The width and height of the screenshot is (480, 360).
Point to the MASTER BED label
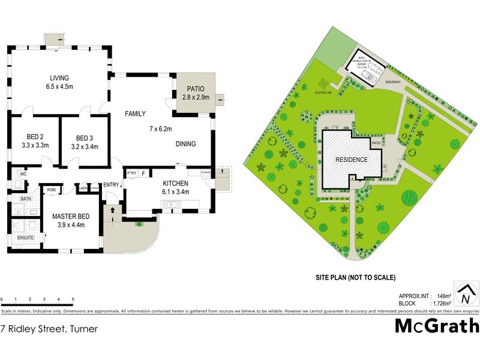[71, 216]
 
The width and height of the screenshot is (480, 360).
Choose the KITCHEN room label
[176, 184]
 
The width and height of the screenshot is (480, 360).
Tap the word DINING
[186, 144]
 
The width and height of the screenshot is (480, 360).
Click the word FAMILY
[136, 113]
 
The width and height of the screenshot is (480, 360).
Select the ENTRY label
[111, 185]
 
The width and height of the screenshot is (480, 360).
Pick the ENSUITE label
[25, 238]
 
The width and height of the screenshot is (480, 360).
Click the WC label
[23, 174]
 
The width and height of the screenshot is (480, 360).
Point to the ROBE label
[52, 190]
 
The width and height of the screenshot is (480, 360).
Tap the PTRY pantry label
[131, 173]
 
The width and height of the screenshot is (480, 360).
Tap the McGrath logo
[437, 326]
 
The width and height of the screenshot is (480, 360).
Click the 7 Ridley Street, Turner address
[49, 328]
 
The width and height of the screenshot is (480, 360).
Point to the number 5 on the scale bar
[73, 298]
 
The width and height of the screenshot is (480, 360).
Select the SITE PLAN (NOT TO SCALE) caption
[355, 278]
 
